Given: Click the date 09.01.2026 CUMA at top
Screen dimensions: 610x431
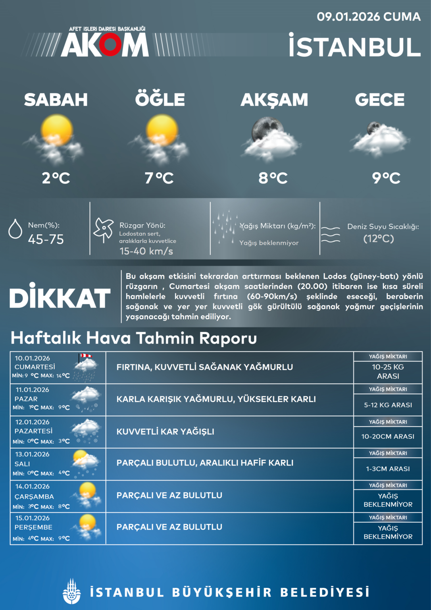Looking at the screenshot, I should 368,17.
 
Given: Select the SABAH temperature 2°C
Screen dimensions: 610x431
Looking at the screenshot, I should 56,178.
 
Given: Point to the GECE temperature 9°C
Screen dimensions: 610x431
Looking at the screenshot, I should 386,178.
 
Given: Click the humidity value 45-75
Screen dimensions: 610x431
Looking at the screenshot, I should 46,239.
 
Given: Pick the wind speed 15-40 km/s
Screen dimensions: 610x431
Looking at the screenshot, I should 146,251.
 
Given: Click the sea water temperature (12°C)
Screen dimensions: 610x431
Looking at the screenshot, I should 379,239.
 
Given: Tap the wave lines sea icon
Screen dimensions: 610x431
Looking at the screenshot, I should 330,235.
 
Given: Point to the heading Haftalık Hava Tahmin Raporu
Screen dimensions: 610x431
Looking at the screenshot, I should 134,338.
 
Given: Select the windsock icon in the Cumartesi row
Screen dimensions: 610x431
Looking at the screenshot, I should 85,357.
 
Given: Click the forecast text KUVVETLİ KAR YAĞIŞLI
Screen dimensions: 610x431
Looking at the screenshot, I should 165,432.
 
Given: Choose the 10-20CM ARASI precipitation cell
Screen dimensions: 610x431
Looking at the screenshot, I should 388,436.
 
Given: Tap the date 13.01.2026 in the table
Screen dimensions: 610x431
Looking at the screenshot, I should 32,454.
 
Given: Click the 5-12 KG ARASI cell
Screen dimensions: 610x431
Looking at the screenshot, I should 388,405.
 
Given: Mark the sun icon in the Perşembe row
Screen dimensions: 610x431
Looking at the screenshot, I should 87,522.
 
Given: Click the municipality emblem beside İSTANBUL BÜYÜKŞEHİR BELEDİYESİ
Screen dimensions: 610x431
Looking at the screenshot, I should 71,592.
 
